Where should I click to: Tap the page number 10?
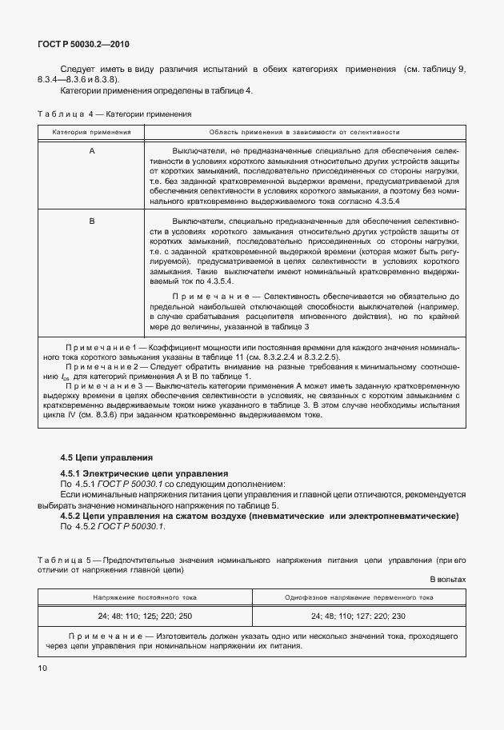pos(42,666)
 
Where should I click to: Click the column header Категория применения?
pos(91,131)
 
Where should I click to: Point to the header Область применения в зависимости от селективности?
pos(304,131)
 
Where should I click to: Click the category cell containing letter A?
pos(91,150)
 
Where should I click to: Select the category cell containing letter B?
pos(91,219)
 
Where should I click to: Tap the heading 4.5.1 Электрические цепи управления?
pos(144,474)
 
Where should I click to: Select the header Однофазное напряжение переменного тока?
pos(358,596)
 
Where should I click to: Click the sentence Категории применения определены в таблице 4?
pos(156,90)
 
